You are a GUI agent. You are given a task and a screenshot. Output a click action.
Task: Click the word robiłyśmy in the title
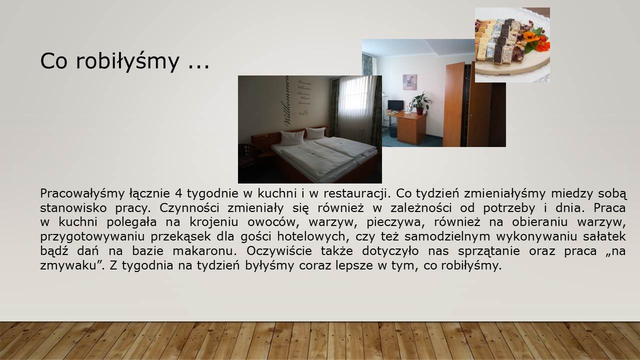(x=127, y=61)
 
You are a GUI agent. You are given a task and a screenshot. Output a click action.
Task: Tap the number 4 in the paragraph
(x=178, y=193)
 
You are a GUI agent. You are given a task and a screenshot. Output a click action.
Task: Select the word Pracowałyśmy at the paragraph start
(x=82, y=194)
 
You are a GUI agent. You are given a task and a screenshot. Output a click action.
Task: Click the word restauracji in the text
(x=357, y=193)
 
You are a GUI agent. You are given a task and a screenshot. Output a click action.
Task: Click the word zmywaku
(x=71, y=266)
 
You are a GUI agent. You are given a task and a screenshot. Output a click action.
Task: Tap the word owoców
(x=273, y=222)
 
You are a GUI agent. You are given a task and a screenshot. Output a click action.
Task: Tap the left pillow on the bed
(x=292, y=137)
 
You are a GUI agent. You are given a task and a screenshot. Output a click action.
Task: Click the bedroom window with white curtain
(x=355, y=98)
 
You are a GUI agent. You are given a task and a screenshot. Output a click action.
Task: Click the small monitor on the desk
(x=395, y=105)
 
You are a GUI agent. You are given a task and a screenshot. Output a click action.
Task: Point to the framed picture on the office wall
(x=409, y=82)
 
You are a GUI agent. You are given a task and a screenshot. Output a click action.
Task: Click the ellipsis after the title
(x=199, y=67)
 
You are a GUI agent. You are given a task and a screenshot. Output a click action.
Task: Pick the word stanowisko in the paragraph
(x=73, y=207)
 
